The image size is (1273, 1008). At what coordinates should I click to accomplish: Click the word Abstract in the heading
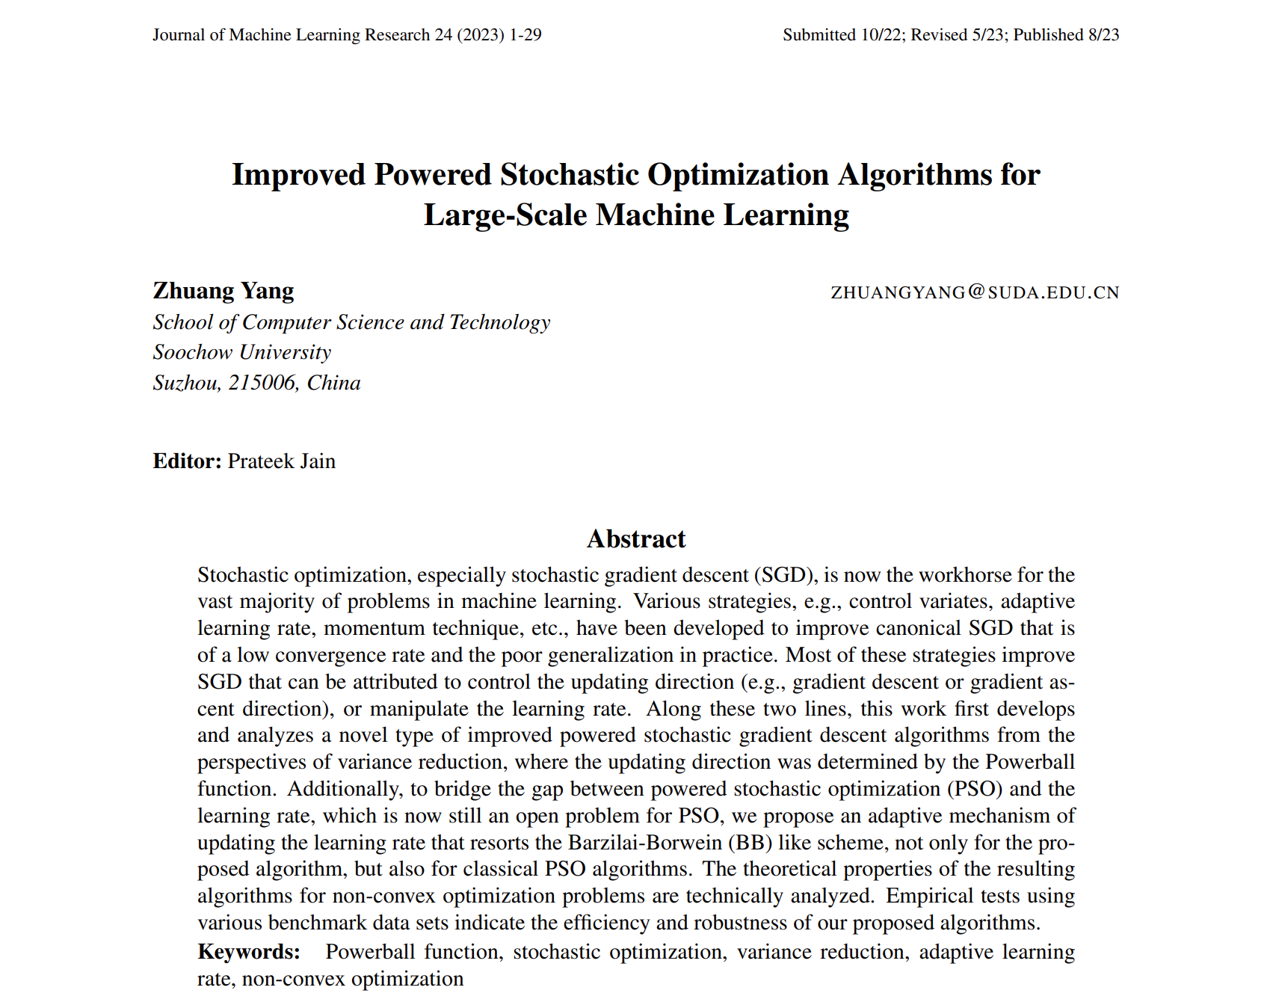[x=636, y=539]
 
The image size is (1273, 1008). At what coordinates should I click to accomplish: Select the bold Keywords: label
[x=249, y=952]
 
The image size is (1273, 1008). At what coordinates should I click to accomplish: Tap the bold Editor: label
[x=187, y=461]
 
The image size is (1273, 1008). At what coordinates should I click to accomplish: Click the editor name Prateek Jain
[x=282, y=461]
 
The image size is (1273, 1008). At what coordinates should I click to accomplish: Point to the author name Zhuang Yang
[x=224, y=291]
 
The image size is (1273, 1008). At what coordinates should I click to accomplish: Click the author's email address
[x=975, y=292]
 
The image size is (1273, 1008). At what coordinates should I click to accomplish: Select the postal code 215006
[x=262, y=383]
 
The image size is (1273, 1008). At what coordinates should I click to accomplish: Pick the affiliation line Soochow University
[x=242, y=352]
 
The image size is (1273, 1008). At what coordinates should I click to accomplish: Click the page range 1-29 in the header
[x=525, y=35]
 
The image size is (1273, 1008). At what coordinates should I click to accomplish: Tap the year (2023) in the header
[x=481, y=35]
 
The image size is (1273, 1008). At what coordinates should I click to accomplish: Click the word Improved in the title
[x=298, y=175]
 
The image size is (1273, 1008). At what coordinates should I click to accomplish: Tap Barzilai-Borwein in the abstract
[x=646, y=843]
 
